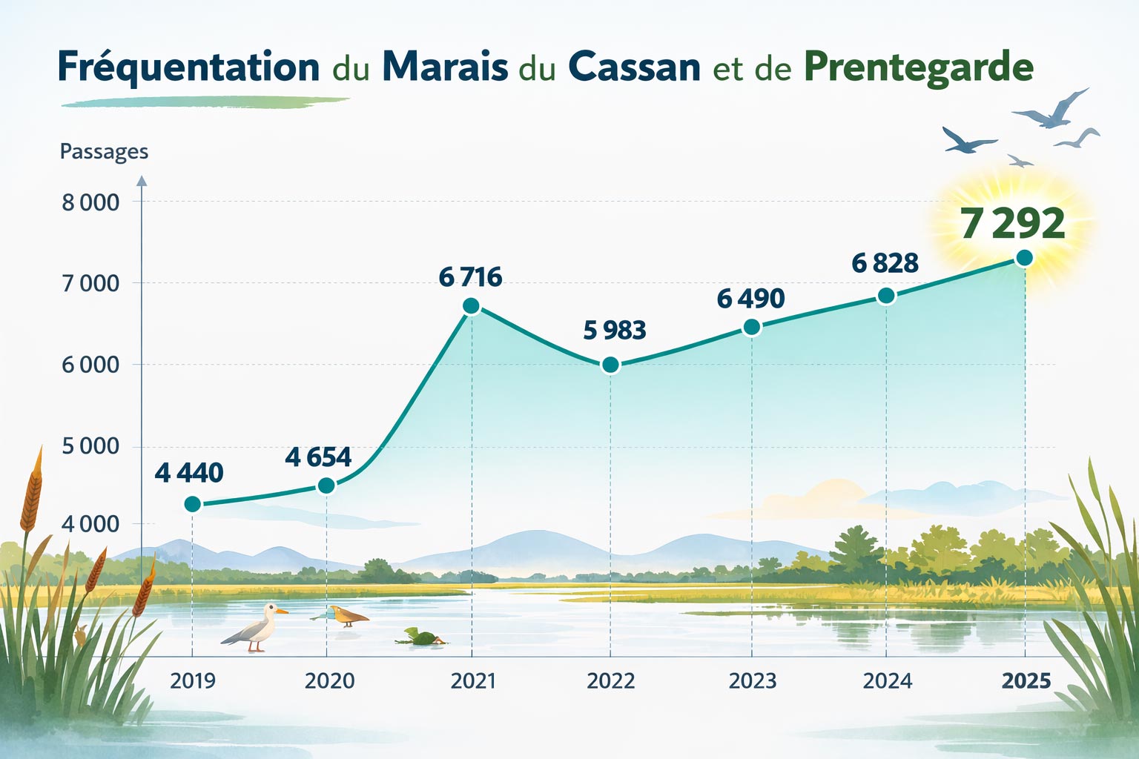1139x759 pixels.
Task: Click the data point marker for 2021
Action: tap(471, 306)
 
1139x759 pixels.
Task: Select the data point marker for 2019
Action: tap(192, 504)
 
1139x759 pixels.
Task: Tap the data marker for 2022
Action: tap(610, 364)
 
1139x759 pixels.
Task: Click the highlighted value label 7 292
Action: tap(1012, 223)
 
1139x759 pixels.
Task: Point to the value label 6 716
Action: tap(470, 277)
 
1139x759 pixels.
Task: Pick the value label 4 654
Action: tap(318, 457)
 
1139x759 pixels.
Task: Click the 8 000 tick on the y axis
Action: tap(90, 202)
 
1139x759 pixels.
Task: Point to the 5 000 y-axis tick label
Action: tap(90, 446)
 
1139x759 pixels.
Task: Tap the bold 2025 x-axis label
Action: tap(1026, 680)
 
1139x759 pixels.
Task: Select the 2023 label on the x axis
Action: tap(752, 680)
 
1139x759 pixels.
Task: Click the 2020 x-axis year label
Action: tap(329, 680)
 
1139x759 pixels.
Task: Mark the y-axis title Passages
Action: tap(104, 152)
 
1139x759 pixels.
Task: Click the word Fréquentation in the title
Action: tap(188, 67)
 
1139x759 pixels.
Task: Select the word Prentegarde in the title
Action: tap(918, 67)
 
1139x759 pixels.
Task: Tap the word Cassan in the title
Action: tap(634, 67)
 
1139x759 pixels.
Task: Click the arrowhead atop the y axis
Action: tap(142, 180)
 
